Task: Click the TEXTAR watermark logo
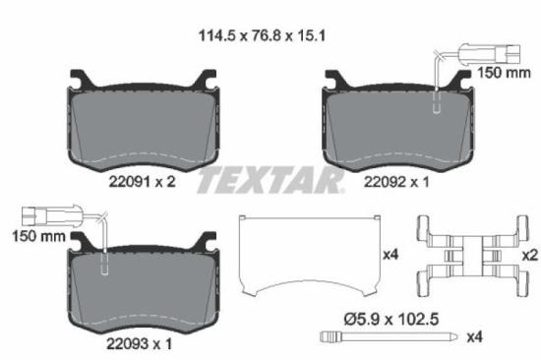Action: (x=270, y=181)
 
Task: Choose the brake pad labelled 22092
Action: (x=394, y=123)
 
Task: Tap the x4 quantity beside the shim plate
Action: (x=391, y=255)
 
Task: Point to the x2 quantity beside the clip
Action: (x=529, y=255)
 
